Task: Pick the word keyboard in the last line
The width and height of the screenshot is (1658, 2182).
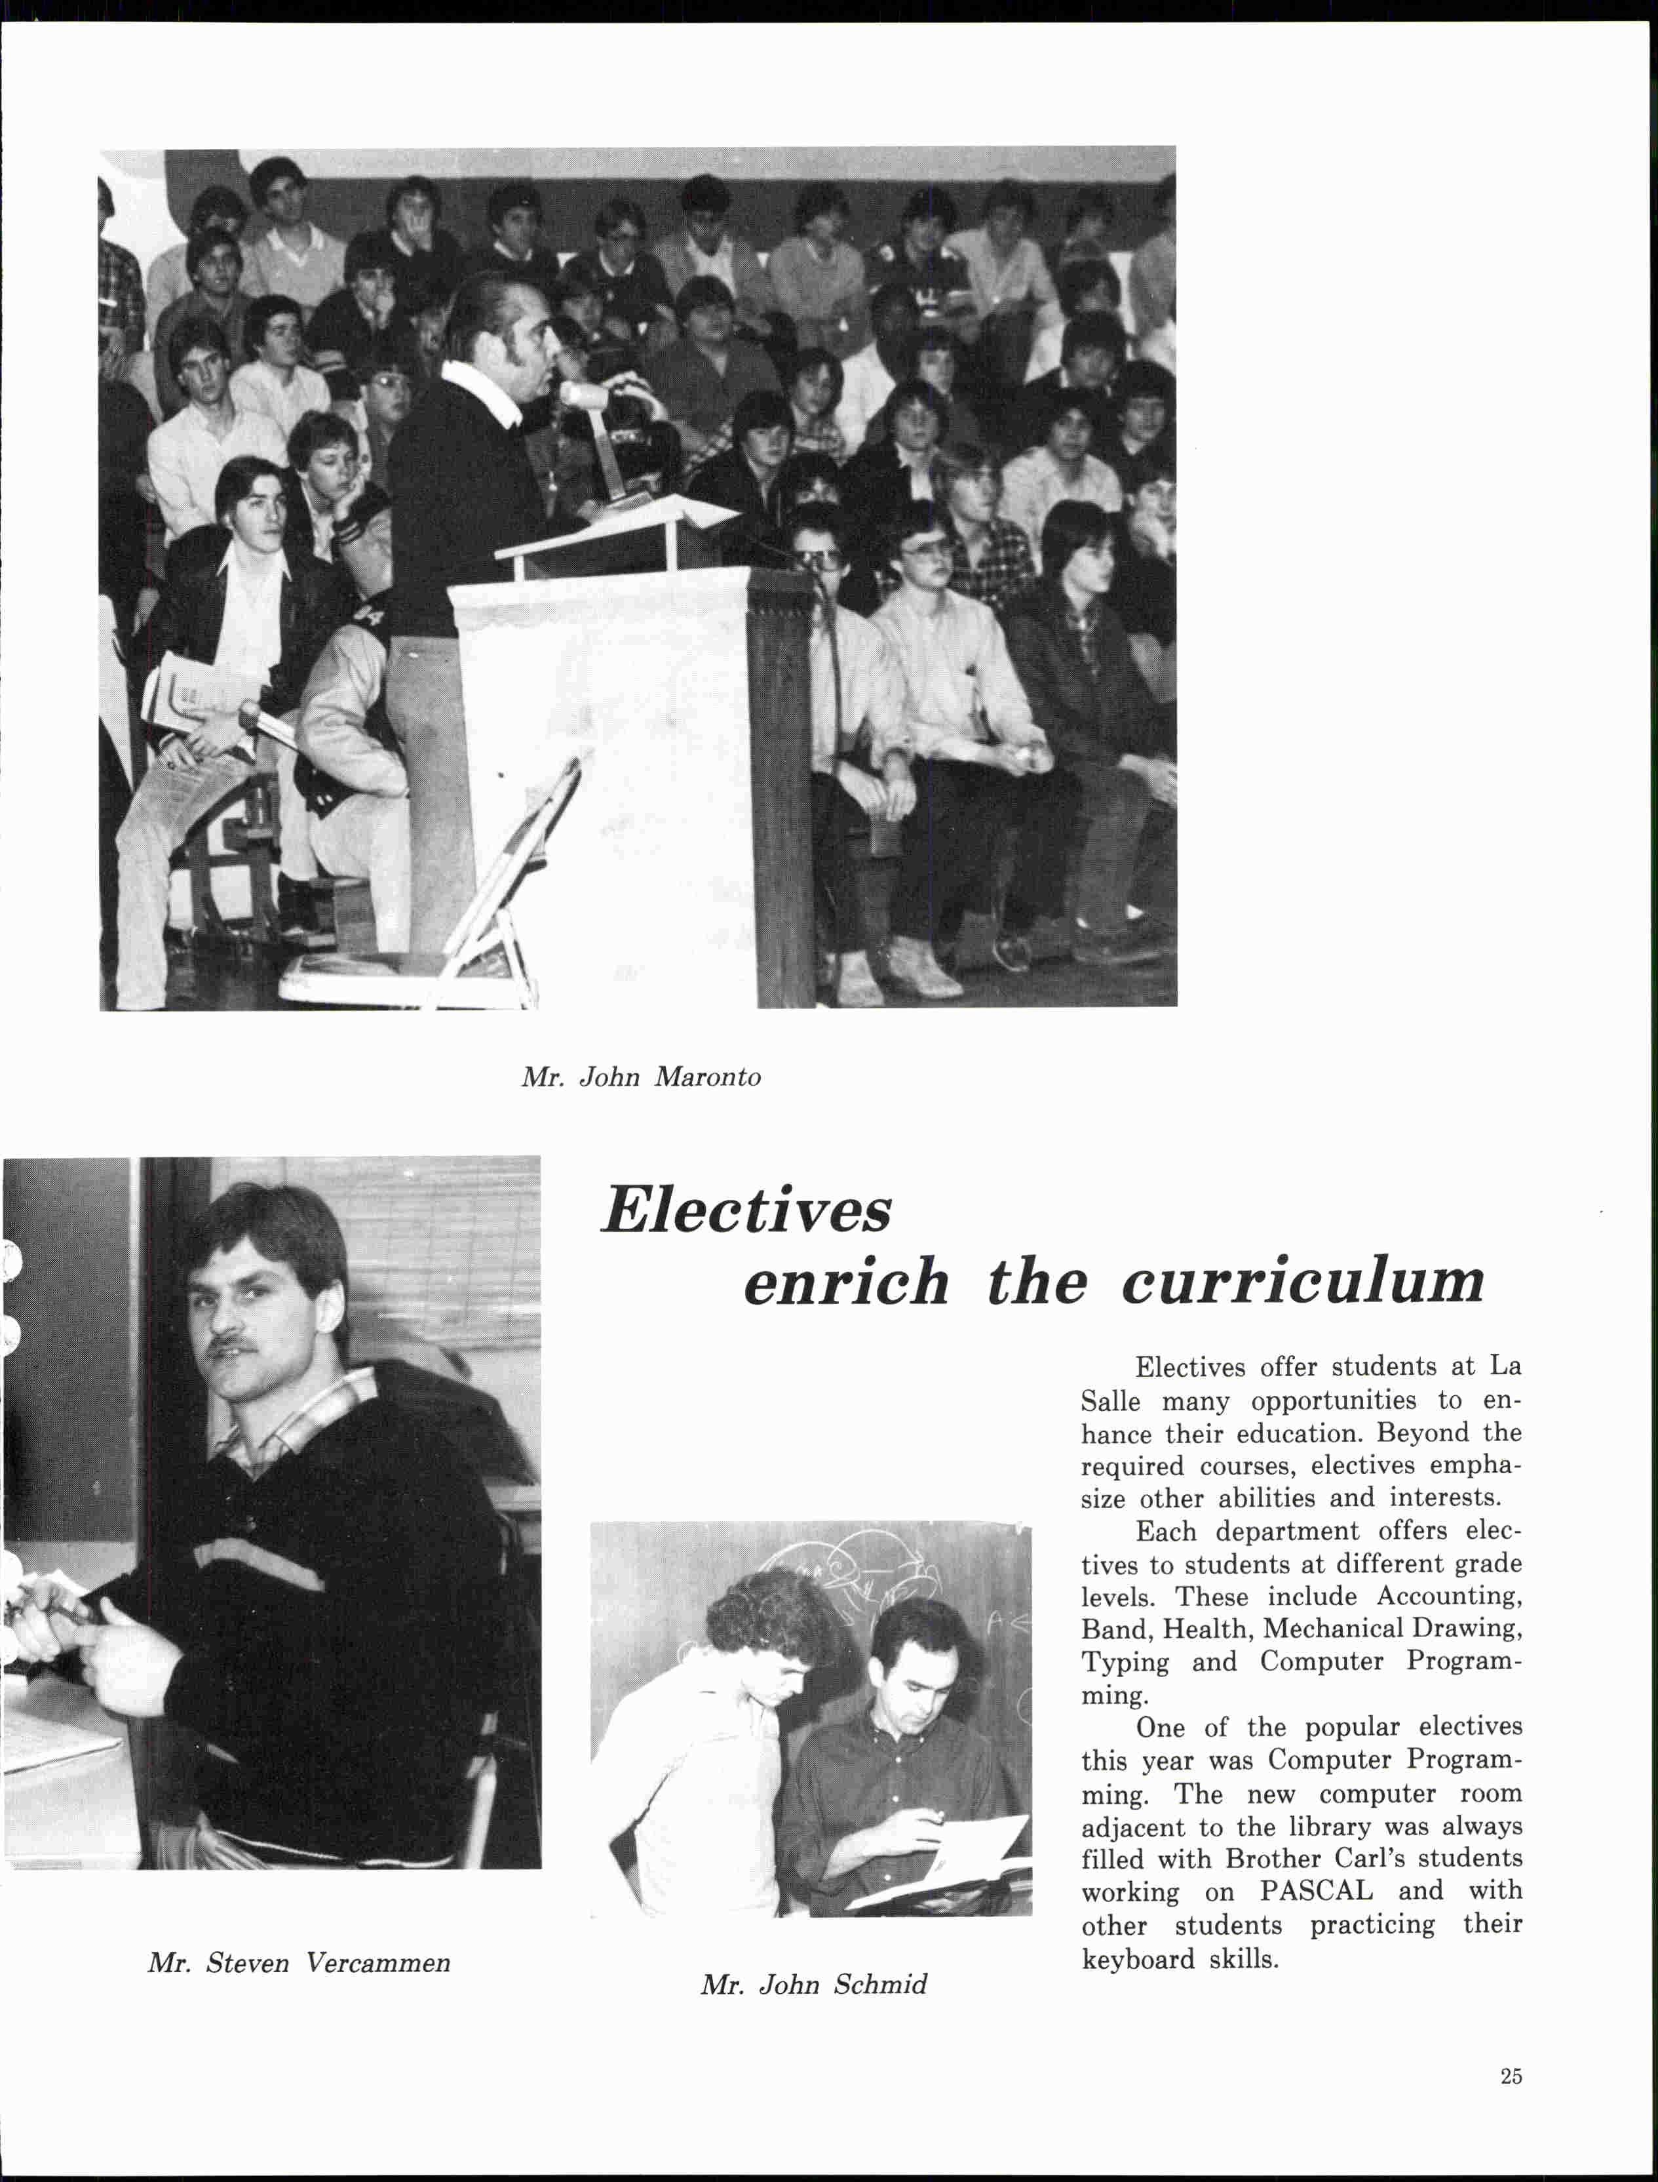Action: (1138, 1958)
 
